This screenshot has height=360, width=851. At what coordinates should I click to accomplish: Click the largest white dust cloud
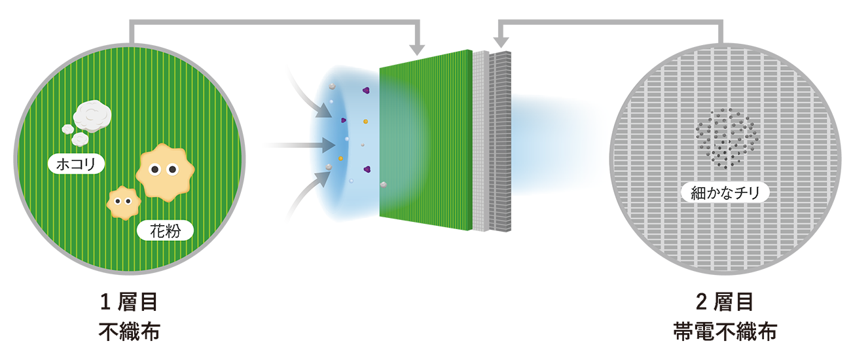pos(92,116)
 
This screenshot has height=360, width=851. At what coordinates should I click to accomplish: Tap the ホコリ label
pos(76,164)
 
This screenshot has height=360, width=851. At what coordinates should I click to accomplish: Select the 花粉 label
pos(165,230)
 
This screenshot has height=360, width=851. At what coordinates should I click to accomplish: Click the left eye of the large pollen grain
pos(154,170)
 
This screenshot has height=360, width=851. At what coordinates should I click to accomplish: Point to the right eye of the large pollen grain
pos(172,170)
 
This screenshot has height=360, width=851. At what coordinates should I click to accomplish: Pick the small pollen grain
pos(124,202)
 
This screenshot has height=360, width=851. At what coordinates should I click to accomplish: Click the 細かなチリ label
pos(725,193)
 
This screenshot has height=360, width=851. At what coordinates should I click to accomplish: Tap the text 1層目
pos(129,302)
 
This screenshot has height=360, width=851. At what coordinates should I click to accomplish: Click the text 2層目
pos(725,302)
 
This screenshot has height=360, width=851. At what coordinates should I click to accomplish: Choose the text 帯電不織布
pos(725,331)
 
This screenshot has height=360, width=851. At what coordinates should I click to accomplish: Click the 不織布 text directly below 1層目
pos(129,331)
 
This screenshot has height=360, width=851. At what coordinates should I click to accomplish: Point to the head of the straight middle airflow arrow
pos(329,145)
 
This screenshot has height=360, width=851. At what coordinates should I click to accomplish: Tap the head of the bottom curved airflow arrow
pos(323,179)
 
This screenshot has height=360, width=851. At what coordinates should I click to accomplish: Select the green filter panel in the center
pos(426,140)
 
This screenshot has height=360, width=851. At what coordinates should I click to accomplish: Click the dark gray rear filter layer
pos(500,141)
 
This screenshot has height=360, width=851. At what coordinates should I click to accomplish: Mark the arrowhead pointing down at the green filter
pos(417,50)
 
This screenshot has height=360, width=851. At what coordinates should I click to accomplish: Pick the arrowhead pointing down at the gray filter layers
pos(501,42)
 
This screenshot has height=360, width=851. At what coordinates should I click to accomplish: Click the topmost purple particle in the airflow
pos(366,90)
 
